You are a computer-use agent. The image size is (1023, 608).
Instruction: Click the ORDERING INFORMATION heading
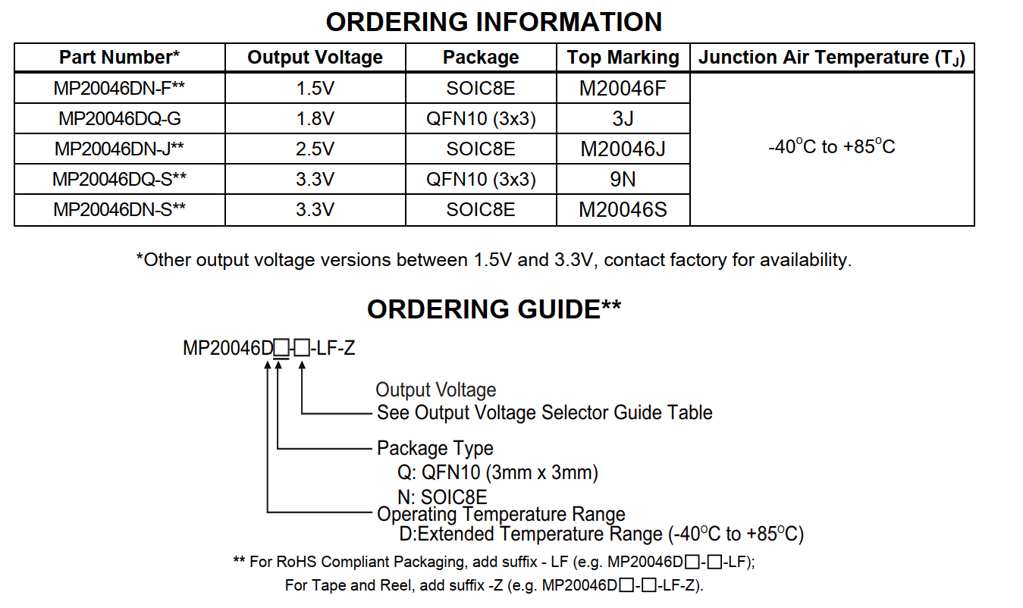tap(494, 22)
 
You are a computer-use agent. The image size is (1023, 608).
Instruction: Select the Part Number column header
tap(119, 58)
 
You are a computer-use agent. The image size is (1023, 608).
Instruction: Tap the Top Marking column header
tap(623, 58)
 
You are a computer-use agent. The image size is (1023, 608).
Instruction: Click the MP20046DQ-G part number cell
tap(120, 119)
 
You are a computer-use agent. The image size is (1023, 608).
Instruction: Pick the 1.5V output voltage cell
tap(315, 89)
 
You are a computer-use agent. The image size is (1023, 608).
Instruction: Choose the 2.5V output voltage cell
tap(315, 149)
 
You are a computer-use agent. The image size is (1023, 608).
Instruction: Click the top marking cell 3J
tap(623, 119)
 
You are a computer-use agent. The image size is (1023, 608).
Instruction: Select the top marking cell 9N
tap(623, 180)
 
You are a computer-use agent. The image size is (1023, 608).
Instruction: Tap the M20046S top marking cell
tap(623, 210)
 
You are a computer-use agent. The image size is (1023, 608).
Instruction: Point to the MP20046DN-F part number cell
tap(119, 89)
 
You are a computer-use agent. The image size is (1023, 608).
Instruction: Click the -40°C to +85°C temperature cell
tap(832, 146)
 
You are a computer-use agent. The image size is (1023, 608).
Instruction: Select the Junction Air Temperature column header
tap(832, 58)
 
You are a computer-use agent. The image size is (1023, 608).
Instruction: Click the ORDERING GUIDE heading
tap(494, 309)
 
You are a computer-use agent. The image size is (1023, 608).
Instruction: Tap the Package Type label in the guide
tap(435, 449)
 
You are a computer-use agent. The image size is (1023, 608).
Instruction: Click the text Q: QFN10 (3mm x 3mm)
tap(497, 473)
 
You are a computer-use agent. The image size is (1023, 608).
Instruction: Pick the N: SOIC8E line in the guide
tap(442, 497)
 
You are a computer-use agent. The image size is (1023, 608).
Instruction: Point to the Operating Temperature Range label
tap(501, 515)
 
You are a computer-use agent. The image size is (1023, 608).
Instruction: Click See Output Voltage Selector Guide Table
tap(544, 412)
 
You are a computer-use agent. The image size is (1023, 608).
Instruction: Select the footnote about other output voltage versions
tap(494, 260)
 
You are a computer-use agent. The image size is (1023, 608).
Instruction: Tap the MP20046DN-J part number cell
tap(119, 149)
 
